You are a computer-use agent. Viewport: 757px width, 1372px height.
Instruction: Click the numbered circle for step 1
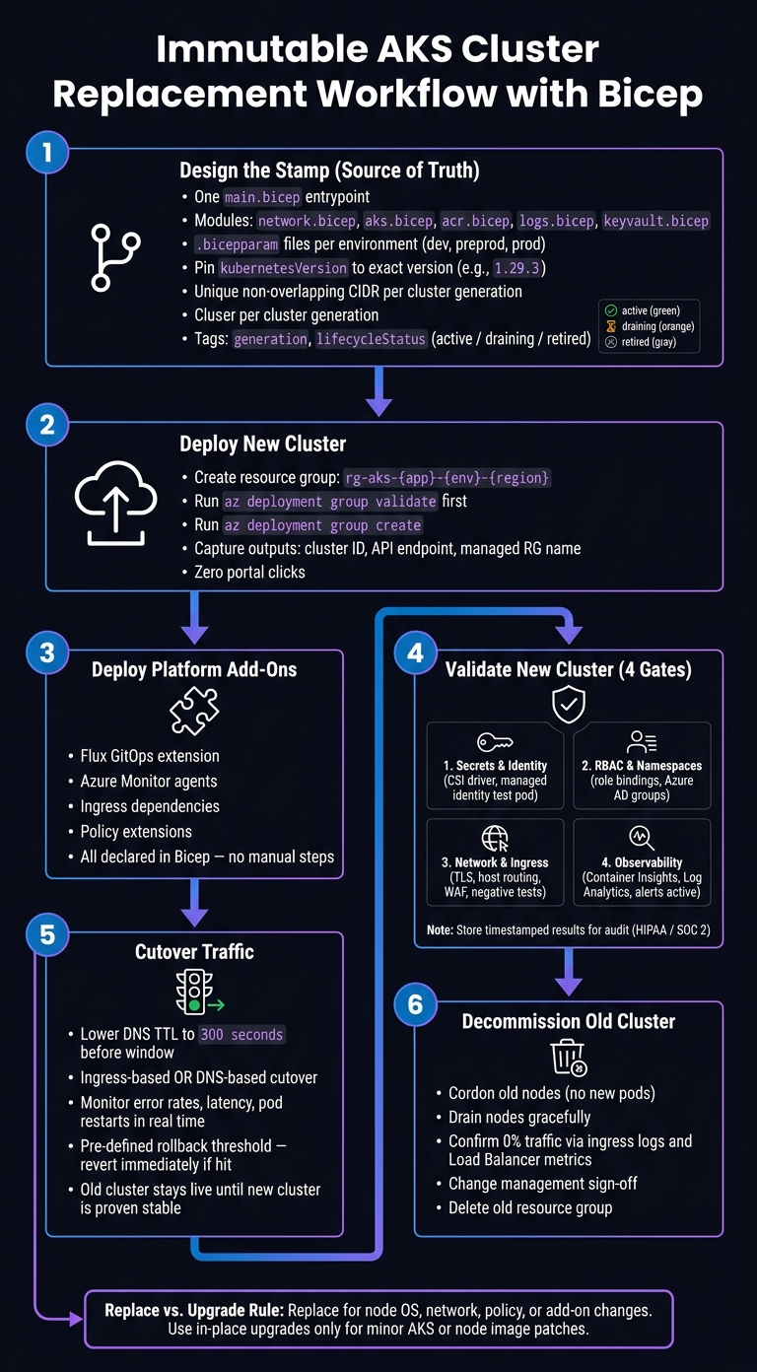[x=47, y=153]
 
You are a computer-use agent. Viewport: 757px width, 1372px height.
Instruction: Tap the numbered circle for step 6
[x=415, y=1004]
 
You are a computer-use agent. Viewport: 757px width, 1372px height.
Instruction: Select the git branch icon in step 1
[x=114, y=257]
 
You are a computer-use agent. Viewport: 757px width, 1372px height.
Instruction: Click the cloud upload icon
[x=115, y=503]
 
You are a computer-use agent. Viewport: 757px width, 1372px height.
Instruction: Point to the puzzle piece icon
[x=194, y=711]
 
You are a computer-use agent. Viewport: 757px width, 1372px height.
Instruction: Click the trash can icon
[x=570, y=1058]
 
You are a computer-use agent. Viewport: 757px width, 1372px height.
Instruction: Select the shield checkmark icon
[x=569, y=705]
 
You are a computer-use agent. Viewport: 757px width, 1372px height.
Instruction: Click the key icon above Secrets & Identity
[x=495, y=742]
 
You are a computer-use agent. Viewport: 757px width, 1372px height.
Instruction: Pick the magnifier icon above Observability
[x=642, y=838]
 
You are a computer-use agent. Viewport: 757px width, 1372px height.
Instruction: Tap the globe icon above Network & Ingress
[x=495, y=839]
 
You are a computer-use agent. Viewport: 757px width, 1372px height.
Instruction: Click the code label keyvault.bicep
[x=655, y=221]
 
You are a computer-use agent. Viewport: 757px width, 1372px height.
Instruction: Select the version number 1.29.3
[x=517, y=268]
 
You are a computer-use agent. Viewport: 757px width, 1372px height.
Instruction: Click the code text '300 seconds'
[x=241, y=1035]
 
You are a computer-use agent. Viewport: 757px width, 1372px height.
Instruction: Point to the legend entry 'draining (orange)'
[x=651, y=326]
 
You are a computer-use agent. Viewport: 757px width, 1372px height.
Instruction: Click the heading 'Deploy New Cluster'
[x=263, y=444]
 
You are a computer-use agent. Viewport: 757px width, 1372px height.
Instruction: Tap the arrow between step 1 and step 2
[x=379, y=391]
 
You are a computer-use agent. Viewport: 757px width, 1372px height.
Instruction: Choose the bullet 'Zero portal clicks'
[x=249, y=572]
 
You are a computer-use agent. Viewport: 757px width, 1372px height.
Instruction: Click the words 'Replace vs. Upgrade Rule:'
[x=194, y=1310]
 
